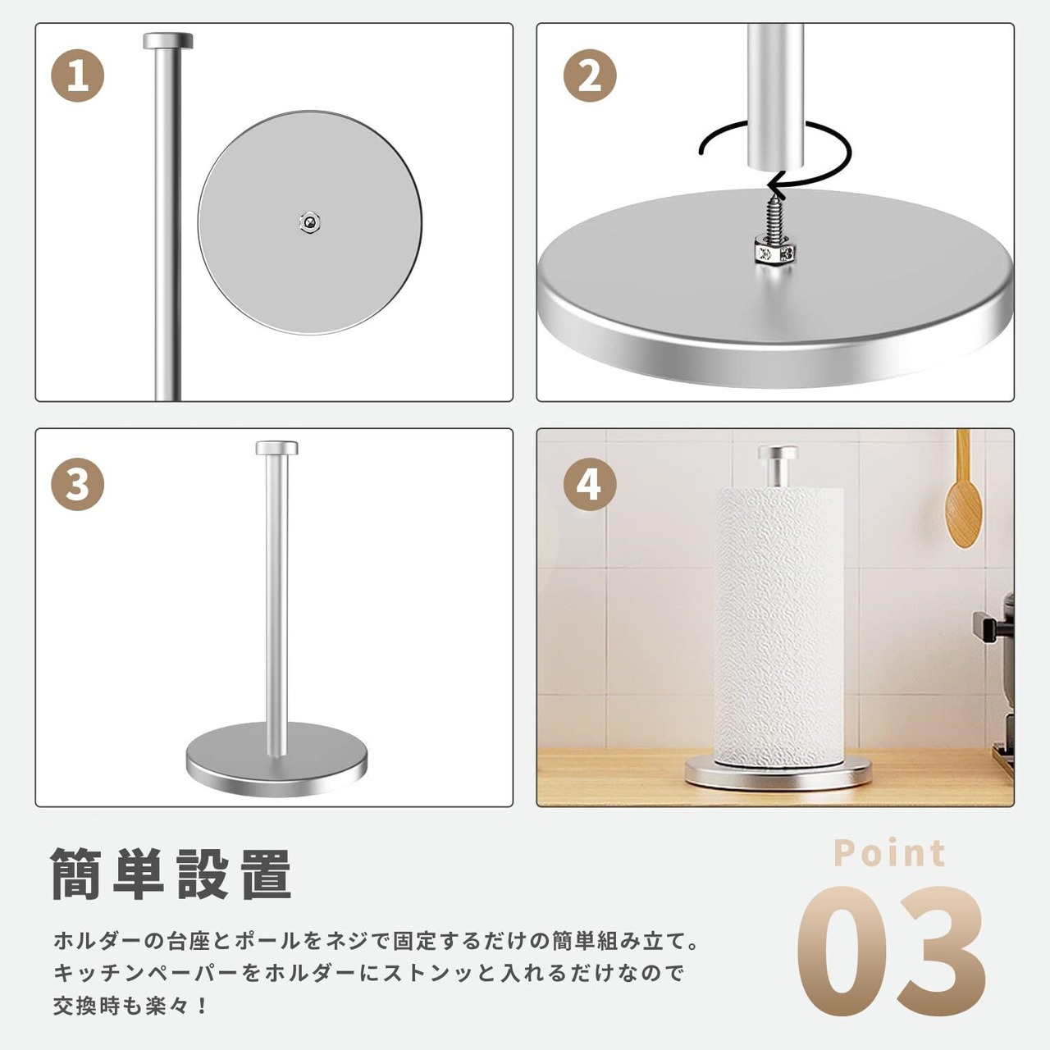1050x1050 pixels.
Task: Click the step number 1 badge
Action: click(x=77, y=75)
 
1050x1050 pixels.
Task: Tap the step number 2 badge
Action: click(x=590, y=75)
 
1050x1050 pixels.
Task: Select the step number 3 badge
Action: click(x=77, y=484)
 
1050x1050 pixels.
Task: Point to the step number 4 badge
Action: click(x=590, y=484)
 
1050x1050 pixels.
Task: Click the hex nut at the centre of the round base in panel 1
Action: click(x=310, y=221)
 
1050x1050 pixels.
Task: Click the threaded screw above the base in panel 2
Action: click(x=774, y=217)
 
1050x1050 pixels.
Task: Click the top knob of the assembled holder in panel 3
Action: click(x=276, y=448)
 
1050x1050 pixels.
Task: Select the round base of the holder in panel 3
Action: click(x=276, y=759)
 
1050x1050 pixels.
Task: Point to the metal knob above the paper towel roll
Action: click(x=778, y=463)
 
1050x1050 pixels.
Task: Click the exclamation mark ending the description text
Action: click(x=203, y=1006)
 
